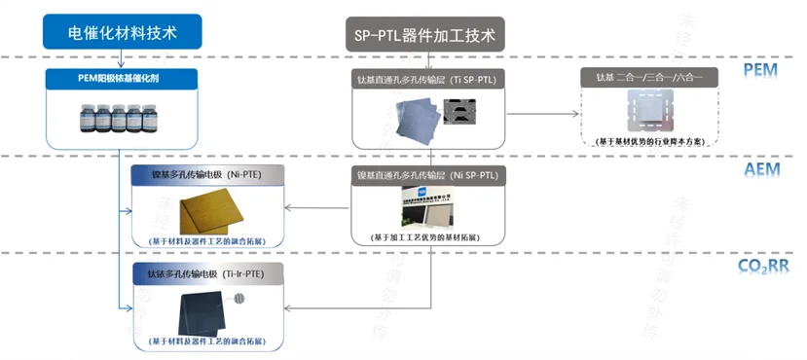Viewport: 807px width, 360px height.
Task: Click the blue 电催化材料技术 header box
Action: click(x=122, y=32)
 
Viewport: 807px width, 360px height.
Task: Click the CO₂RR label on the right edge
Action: click(x=763, y=265)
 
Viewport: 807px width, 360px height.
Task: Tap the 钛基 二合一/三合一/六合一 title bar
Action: click(x=649, y=77)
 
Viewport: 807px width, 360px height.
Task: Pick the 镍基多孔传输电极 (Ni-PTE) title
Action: click(x=207, y=175)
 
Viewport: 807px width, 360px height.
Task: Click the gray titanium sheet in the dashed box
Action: click(x=649, y=109)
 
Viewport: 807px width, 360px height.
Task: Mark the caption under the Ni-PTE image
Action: click(x=207, y=239)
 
